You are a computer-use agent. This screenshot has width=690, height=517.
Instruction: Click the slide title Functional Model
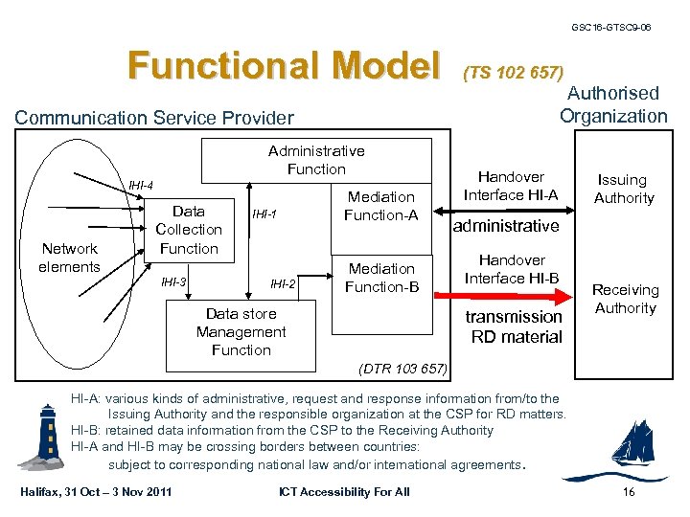[x=283, y=66]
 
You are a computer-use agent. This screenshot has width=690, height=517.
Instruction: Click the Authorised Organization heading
[x=613, y=104]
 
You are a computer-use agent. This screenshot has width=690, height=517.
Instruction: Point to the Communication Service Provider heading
[x=153, y=118]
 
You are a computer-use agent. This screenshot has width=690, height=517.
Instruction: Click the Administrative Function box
[x=316, y=160]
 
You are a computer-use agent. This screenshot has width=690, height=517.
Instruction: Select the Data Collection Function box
[x=189, y=230]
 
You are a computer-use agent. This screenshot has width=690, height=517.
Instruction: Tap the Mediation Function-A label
[x=380, y=206]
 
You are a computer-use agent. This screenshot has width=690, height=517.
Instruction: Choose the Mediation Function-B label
[x=380, y=278]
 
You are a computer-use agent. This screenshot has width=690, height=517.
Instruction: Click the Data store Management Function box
[x=241, y=332]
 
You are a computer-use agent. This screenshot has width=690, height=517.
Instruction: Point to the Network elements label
[x=69, y=258]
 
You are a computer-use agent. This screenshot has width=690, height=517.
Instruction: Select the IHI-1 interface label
[x=264, y=215]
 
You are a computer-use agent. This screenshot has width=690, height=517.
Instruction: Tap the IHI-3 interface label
[x=173, y=282]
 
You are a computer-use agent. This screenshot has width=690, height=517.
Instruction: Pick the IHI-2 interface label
[x=283, y=284]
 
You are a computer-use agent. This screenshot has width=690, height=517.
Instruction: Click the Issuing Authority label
[x=624, y=189]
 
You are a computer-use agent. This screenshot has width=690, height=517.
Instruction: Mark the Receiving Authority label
[x=625, y=299]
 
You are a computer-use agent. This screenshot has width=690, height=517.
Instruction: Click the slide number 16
[x=629, y=492]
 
